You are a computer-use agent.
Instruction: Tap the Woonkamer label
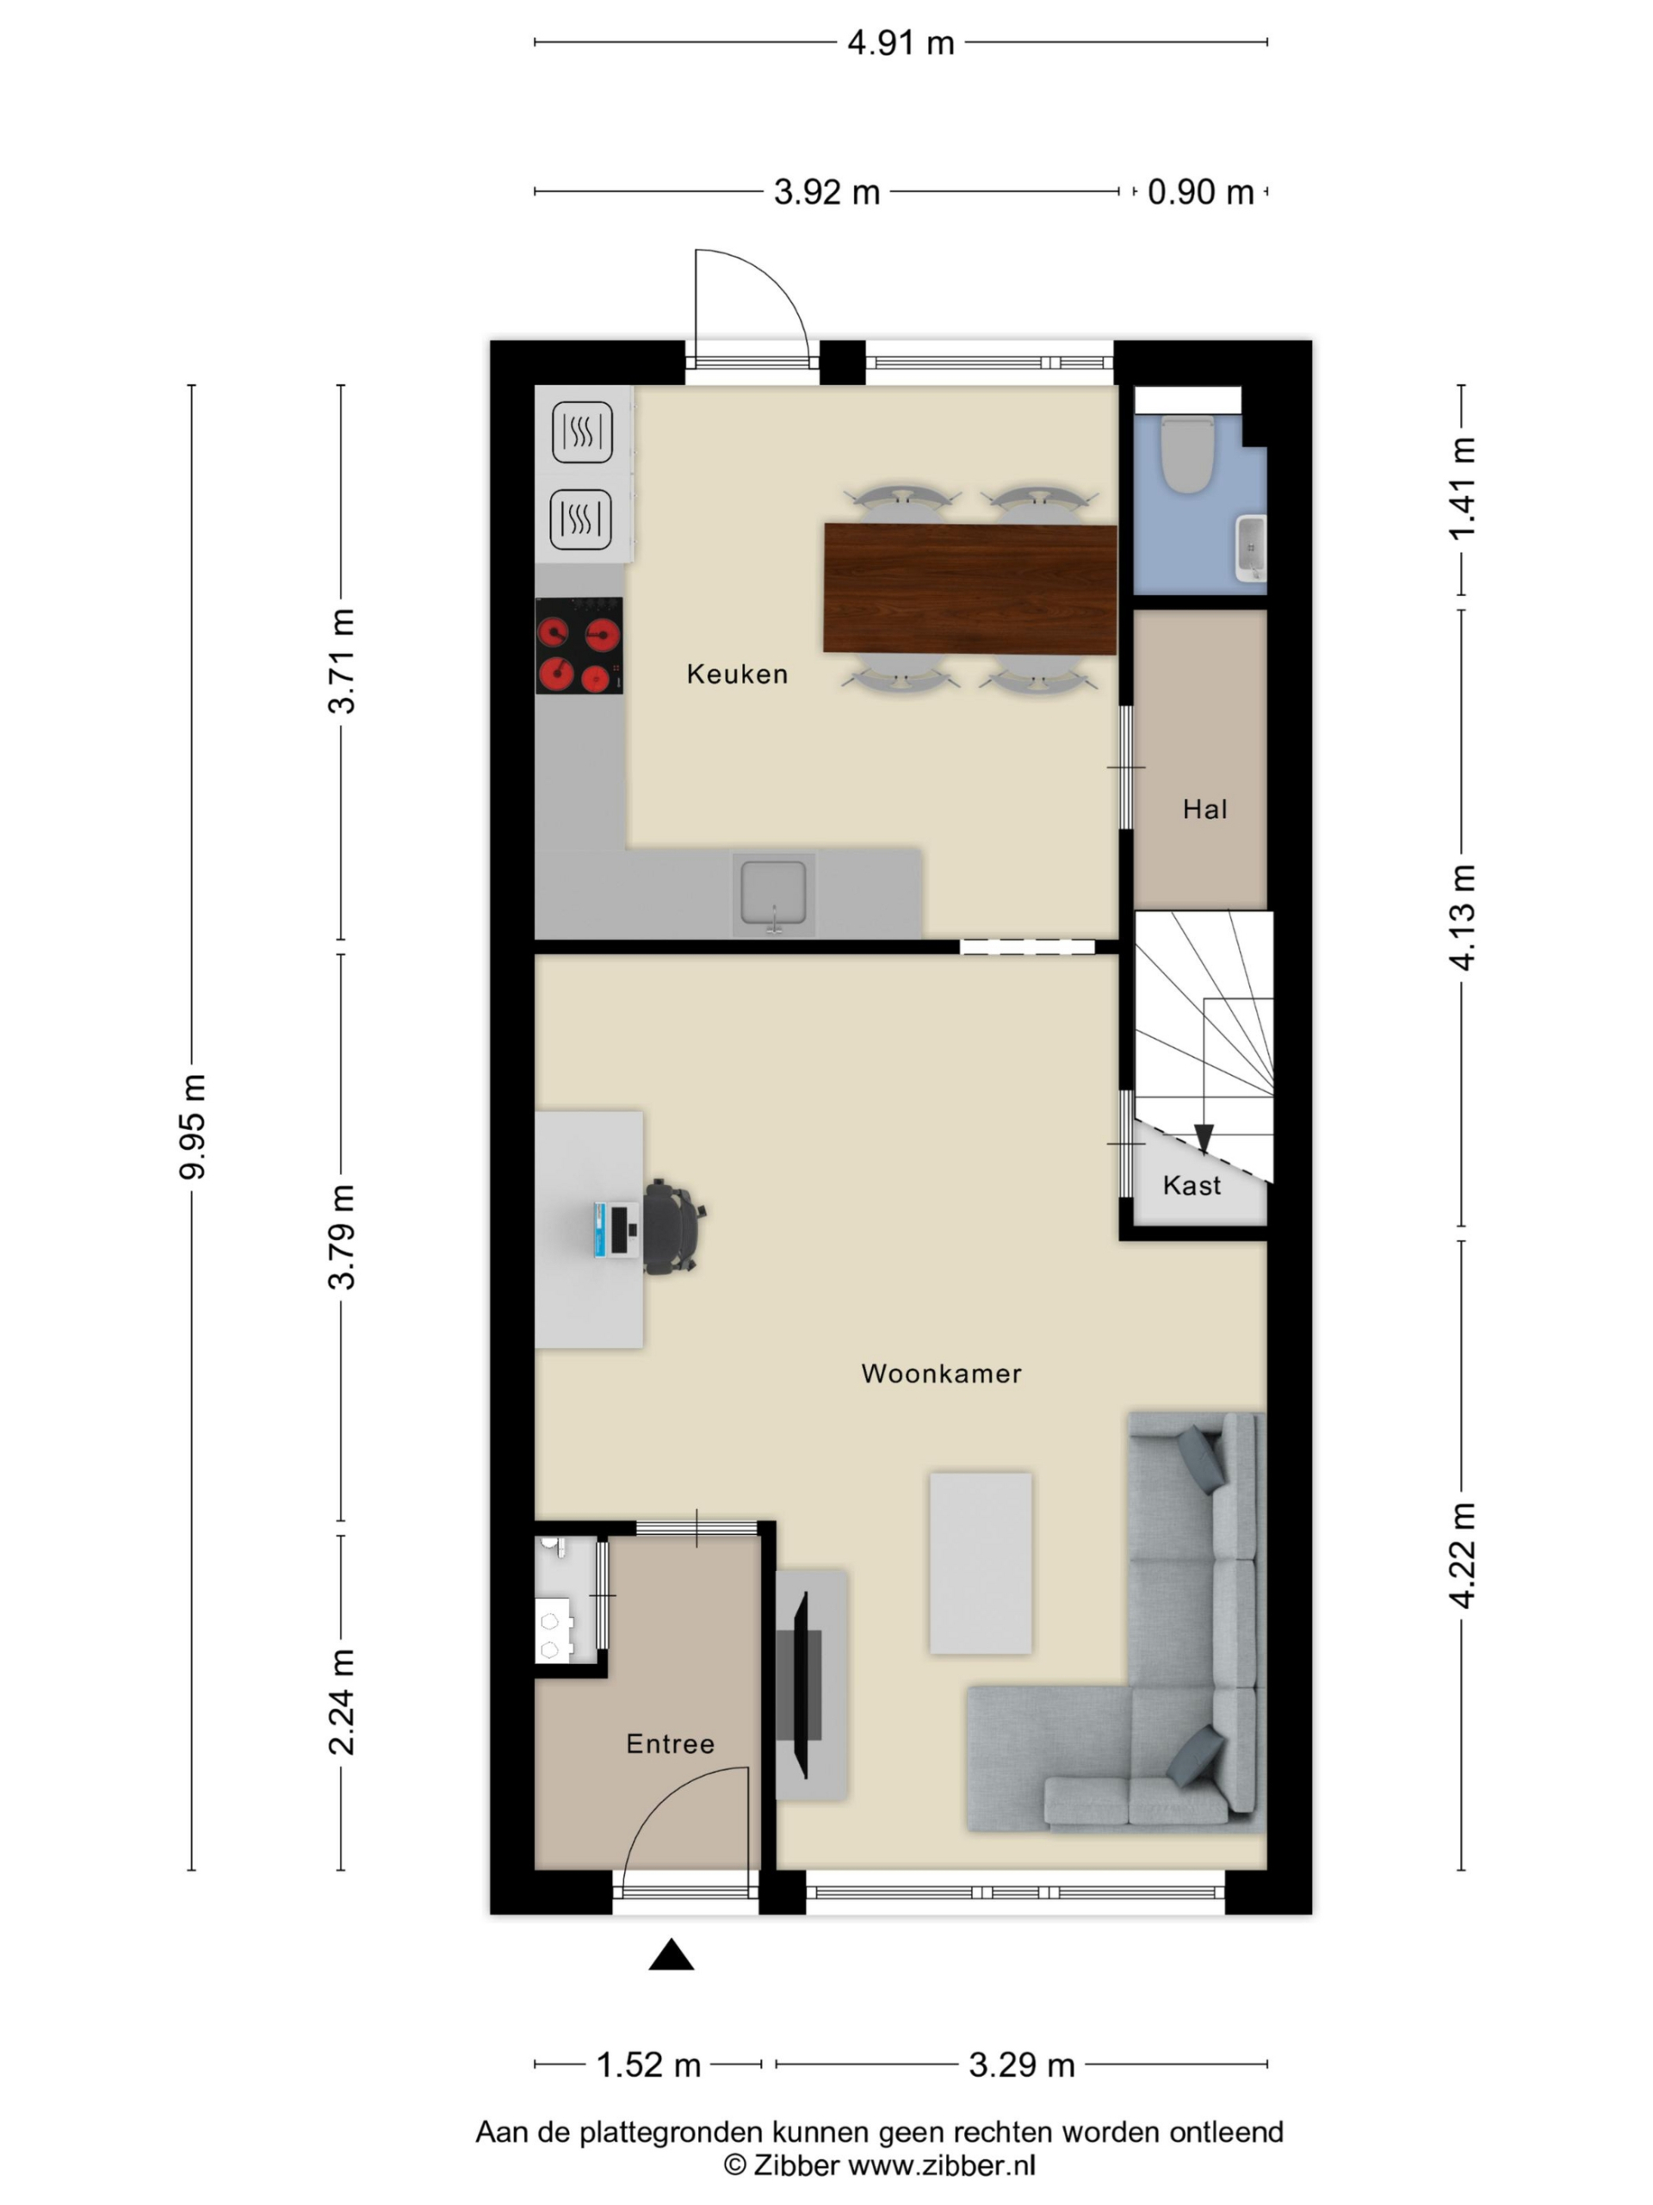pos(941,1373)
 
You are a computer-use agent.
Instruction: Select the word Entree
pos(670,1743)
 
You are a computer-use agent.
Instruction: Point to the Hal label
pos(1204,809)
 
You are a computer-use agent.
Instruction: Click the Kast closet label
pos(1191,1184)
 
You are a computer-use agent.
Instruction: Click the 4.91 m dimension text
pos(900,43)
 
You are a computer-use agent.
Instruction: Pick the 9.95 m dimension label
pos(192,1127)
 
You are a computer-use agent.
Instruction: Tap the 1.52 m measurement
pos(647,2065)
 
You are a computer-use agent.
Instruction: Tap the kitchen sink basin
pos(773,893)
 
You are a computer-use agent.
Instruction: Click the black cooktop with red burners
pos(579,646)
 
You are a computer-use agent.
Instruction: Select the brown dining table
pos(969,589)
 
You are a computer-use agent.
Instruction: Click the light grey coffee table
pos(981,1562)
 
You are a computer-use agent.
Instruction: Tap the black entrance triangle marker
pos(671,1955)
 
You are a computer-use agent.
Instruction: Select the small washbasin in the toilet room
pos(1249,547)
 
